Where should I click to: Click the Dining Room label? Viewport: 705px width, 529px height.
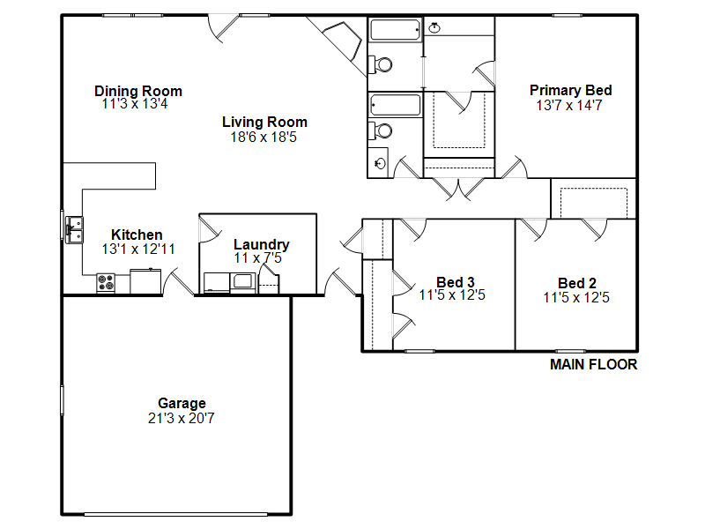tap(138, 91)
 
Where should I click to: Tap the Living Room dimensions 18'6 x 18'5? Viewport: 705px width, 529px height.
tap(263, 138)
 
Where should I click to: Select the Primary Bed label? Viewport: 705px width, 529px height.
tap(570, 90)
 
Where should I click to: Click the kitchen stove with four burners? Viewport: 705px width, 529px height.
tap(106, 283)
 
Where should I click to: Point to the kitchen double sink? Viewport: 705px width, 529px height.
tap(74, 230)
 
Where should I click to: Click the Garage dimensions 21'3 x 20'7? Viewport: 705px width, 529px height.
tap(182, 418)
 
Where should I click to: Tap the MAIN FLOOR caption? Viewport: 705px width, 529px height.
tap(593, 364)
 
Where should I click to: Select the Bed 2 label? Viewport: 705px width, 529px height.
tap(577, 283)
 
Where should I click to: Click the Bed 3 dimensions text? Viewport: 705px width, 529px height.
tap(452, 295)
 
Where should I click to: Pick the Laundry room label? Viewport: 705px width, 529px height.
tap(261, 244)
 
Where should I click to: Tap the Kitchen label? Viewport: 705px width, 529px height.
tap(137, 235)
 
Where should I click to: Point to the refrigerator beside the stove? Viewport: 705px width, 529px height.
tap(145, 281)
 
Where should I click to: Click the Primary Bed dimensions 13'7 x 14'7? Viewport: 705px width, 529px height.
tap(569, 105)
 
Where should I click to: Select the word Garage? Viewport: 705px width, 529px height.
tap(182, 403)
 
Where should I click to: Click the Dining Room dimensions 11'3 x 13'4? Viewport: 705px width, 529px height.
tap(135, 104)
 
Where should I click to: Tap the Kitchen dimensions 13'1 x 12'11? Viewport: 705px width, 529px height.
tap(138, 250)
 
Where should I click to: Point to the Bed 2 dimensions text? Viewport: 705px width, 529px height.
tap(576, 298)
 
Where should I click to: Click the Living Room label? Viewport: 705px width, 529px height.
tap(264, 122)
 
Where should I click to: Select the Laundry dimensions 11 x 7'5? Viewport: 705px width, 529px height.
tap(257, 257)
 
